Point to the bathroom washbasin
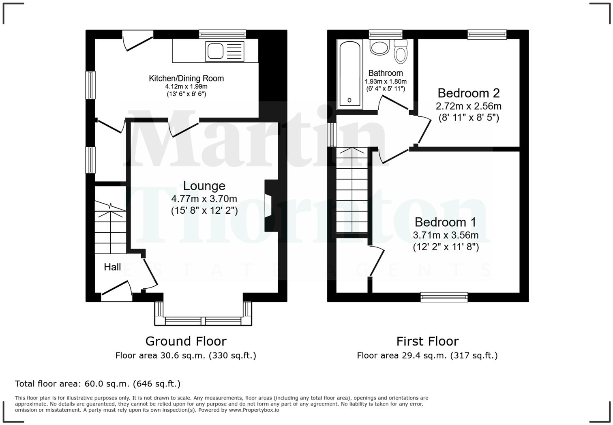(379, 47)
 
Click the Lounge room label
(204, 186)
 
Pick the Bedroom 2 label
(468, 93)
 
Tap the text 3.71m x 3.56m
(446, 235)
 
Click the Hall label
(112, 267)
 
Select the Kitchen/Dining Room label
(186, 78)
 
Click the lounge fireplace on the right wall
(269, 206)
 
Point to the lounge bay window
(203, 321)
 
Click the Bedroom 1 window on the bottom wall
(444, 297)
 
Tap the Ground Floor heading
(186, 341)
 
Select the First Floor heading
(427, 341)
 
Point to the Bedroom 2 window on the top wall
(487, 34)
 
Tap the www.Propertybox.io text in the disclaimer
(254, 410)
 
